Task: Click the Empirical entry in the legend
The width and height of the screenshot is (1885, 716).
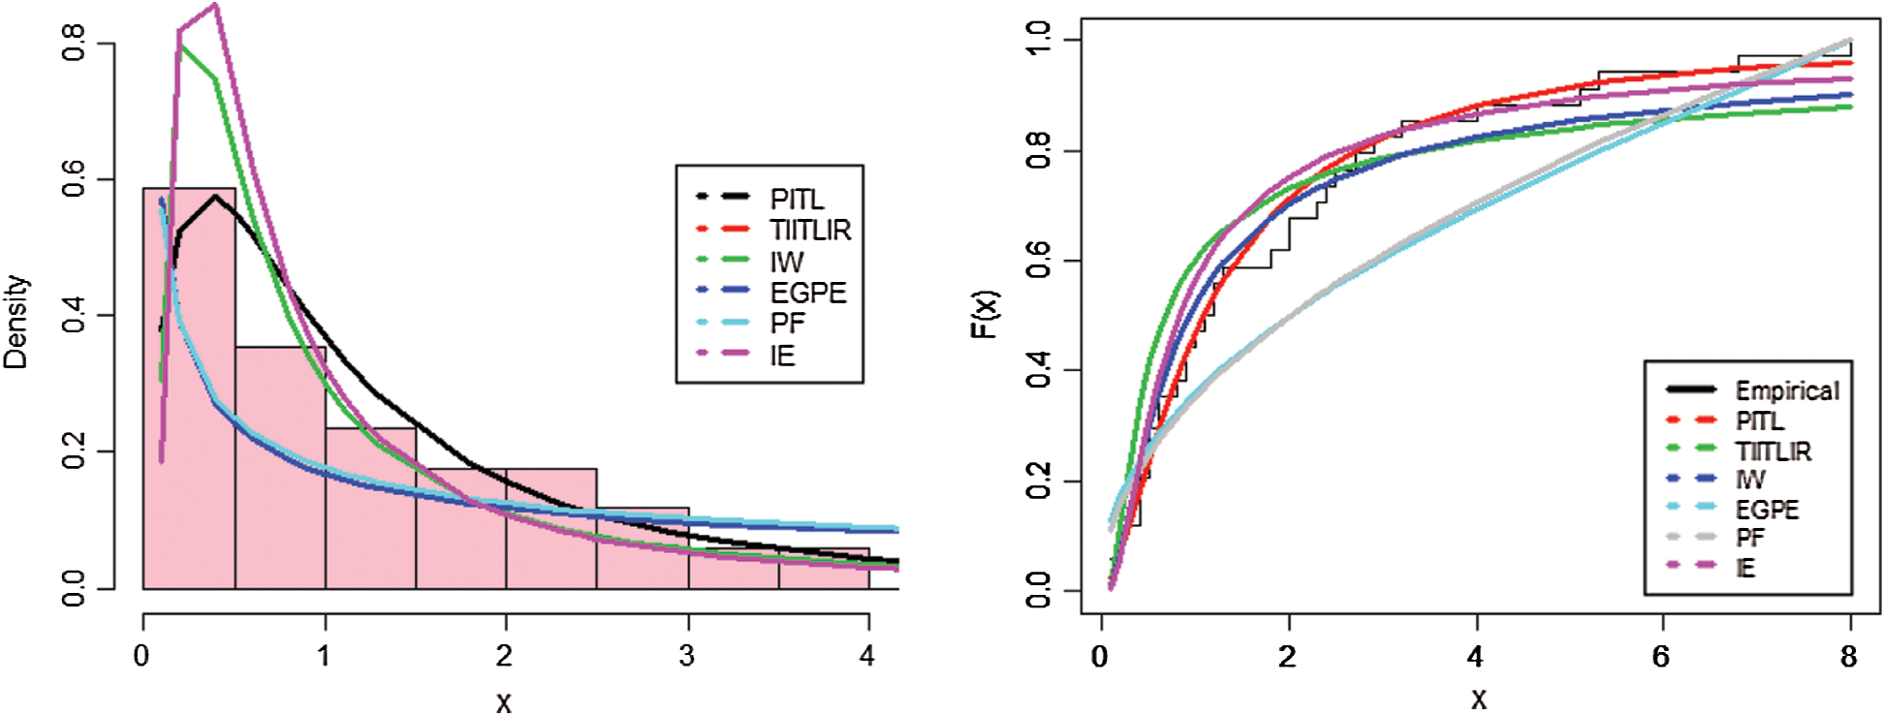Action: (1785, 390)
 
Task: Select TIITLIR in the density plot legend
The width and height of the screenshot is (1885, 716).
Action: (809, 231)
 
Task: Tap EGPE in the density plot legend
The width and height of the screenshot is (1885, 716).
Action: (807, 293)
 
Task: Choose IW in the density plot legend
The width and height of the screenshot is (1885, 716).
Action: (786, 262)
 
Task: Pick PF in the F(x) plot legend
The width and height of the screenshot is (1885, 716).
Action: (1749, 538)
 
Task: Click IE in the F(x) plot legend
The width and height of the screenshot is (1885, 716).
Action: (1744, 567)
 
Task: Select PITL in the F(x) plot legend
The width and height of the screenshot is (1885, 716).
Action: (1759, 420)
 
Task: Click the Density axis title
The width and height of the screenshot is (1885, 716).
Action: (16, 321)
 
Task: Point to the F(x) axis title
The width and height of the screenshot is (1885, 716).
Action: (985, 314)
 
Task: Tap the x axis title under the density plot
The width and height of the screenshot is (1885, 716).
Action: (504, 701)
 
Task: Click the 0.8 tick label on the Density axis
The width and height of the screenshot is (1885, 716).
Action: (74, 44)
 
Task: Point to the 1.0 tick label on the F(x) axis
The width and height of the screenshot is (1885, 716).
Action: (1038, 41)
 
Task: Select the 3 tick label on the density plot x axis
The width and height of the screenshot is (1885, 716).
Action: (687, 657)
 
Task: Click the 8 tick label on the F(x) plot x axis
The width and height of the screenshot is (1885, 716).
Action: (1849, 657)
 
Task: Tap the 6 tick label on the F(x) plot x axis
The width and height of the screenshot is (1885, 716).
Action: (1661, 657)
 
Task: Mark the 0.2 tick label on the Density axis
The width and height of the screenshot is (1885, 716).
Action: (74, 451)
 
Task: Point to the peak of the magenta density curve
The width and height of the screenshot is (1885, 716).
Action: (215, 5)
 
